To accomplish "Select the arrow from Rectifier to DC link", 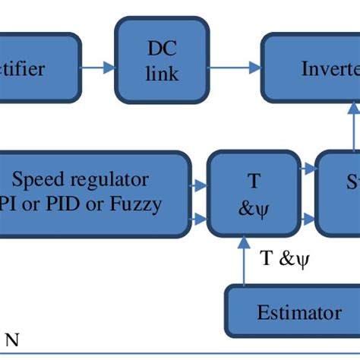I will pos(97,69).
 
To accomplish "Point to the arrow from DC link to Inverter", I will pos(235,69).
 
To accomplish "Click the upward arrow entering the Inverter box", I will pos(352,125).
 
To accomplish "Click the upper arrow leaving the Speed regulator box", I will pos(198,183).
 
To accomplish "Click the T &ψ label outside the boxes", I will pos(286,259).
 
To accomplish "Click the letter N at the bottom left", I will pos(12,342).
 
